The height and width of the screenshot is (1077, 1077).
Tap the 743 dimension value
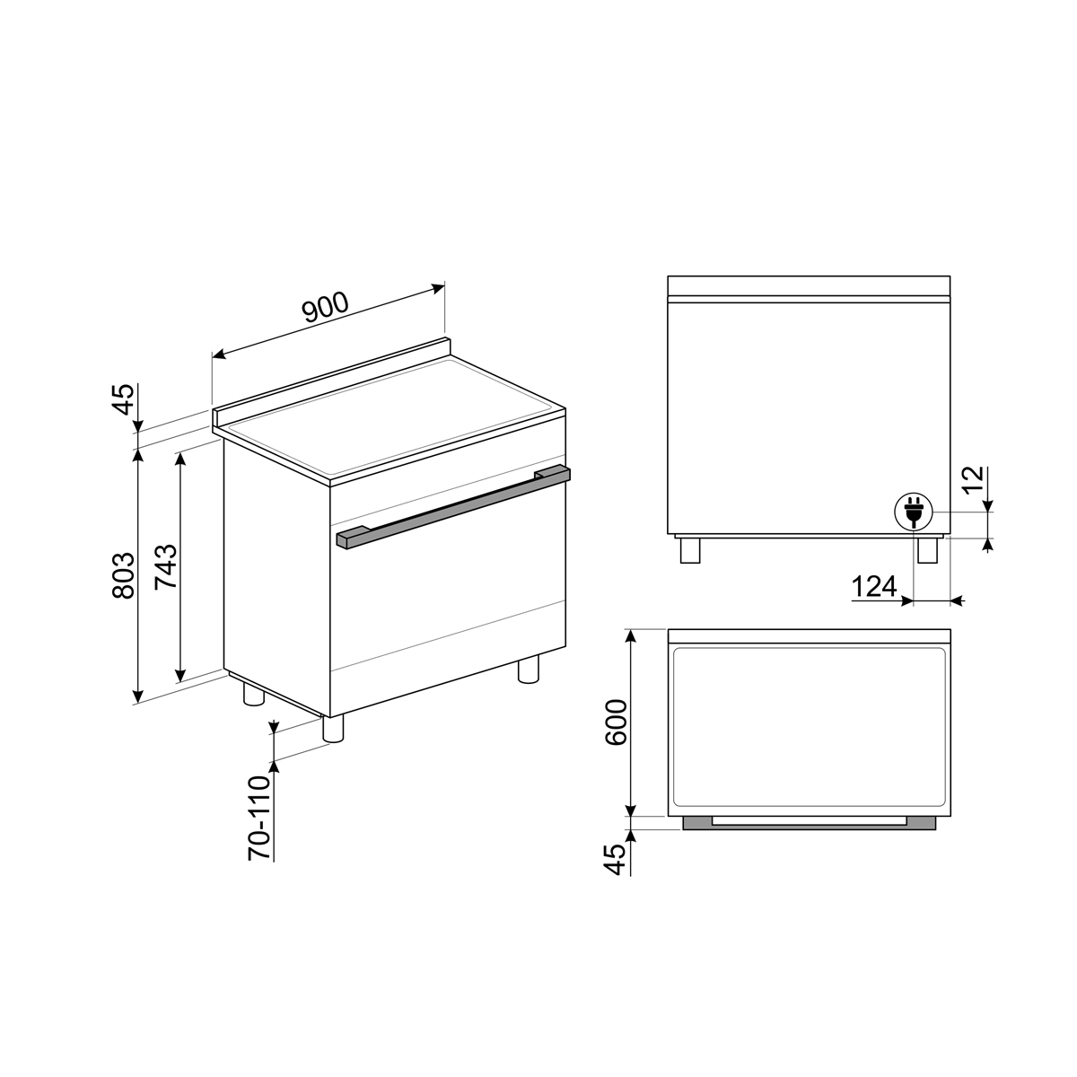166,566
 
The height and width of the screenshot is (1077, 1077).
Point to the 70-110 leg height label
259,818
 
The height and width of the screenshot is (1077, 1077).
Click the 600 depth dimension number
617,722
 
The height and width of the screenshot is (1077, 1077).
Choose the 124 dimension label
873,586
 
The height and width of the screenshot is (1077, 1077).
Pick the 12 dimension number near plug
973,478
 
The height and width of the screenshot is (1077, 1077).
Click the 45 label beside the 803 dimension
124,399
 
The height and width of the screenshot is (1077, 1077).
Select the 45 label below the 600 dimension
617,859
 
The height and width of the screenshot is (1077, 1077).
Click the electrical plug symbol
914,512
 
